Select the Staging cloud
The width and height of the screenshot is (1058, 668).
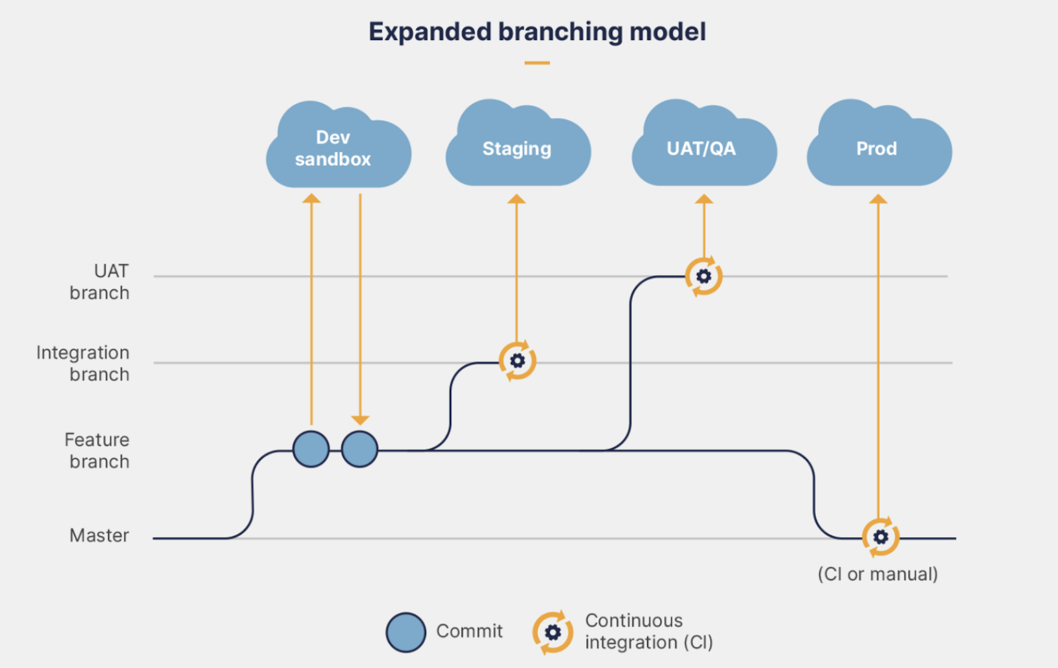click(517, 148)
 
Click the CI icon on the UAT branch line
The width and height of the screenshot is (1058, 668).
click(703, 276)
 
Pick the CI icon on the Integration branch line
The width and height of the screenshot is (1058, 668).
click(517, 361)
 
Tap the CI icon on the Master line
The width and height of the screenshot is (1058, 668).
click(880, 537)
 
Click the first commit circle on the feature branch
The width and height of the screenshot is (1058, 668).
click(311, 449)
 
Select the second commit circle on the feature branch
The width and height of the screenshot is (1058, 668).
click(360, 449)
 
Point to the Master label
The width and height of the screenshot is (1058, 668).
click(99, 535)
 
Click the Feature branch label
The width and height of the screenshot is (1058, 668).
click(97, 451)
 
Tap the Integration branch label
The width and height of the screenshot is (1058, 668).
click(83, 363)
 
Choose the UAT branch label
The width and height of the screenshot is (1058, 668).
click(100, 282)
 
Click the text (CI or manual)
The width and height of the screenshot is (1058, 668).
click(878, 574)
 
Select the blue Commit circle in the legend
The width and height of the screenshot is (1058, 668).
click(406, 632)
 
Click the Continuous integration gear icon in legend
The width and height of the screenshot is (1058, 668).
click(552, 632)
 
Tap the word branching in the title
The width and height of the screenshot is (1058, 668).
click(560, 32)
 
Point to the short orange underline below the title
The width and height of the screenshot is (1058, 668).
click(537, 63)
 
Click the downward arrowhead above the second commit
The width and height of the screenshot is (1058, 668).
click(360, 420)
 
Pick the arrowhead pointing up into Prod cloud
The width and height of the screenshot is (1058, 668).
click(878, 199)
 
